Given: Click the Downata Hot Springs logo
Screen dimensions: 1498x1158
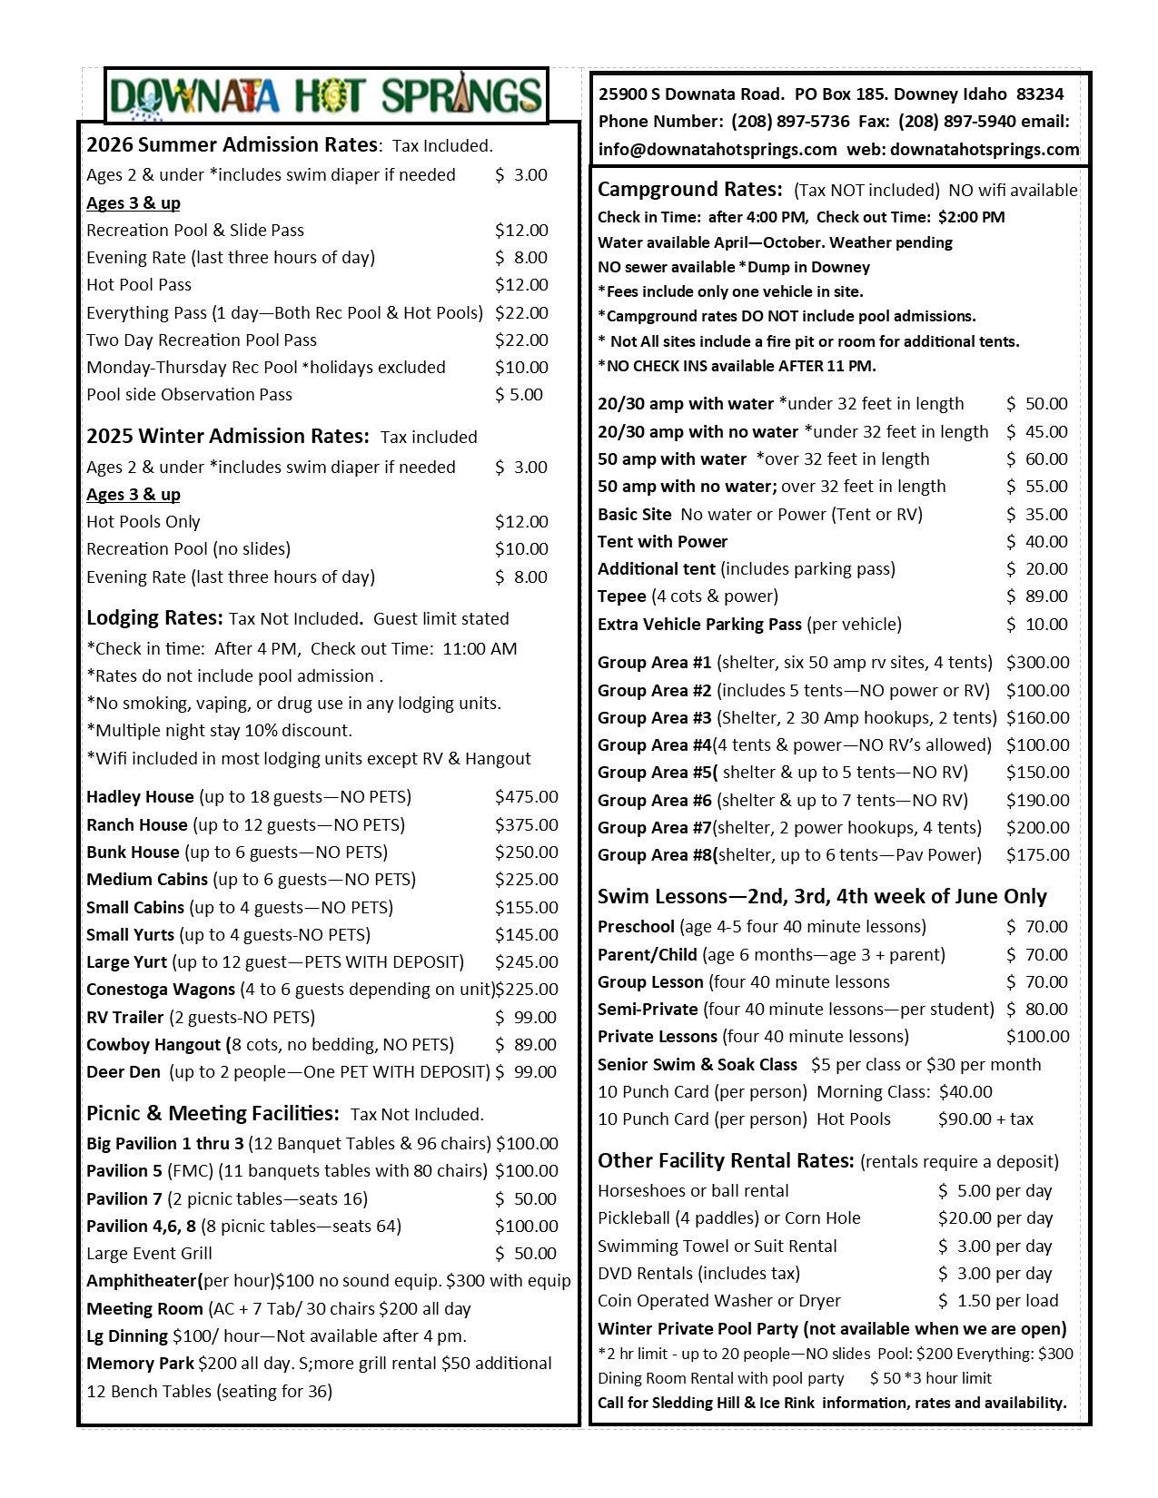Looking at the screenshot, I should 326,95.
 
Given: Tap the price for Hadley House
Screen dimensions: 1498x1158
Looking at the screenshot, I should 526,797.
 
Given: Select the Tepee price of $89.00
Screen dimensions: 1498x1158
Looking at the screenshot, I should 1036,596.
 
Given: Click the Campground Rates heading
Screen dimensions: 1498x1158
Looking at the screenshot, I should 689,190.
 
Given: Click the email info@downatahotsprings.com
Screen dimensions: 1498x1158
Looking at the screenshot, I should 717,150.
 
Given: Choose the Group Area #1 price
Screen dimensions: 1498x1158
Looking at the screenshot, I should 1037,663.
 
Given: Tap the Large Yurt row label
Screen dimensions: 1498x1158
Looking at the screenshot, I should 126,962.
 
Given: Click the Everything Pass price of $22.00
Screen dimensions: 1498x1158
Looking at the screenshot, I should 521,313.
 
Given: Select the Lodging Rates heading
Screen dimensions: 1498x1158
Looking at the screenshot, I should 154,618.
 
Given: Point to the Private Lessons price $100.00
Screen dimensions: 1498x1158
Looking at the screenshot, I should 1037,1037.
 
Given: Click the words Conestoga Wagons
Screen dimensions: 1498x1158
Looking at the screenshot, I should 160,990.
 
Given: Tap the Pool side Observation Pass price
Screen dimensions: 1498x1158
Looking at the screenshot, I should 519,395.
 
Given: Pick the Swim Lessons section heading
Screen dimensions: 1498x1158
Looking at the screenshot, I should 822,897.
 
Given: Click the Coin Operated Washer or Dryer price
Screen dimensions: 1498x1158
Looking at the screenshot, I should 995,1301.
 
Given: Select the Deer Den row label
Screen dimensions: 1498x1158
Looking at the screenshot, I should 123,1072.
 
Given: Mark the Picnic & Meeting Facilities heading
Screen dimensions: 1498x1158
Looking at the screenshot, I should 213,1114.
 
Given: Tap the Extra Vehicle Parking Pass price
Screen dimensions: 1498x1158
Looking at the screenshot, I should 1036,625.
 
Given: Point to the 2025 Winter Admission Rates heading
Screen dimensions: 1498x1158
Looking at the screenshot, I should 227,437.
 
